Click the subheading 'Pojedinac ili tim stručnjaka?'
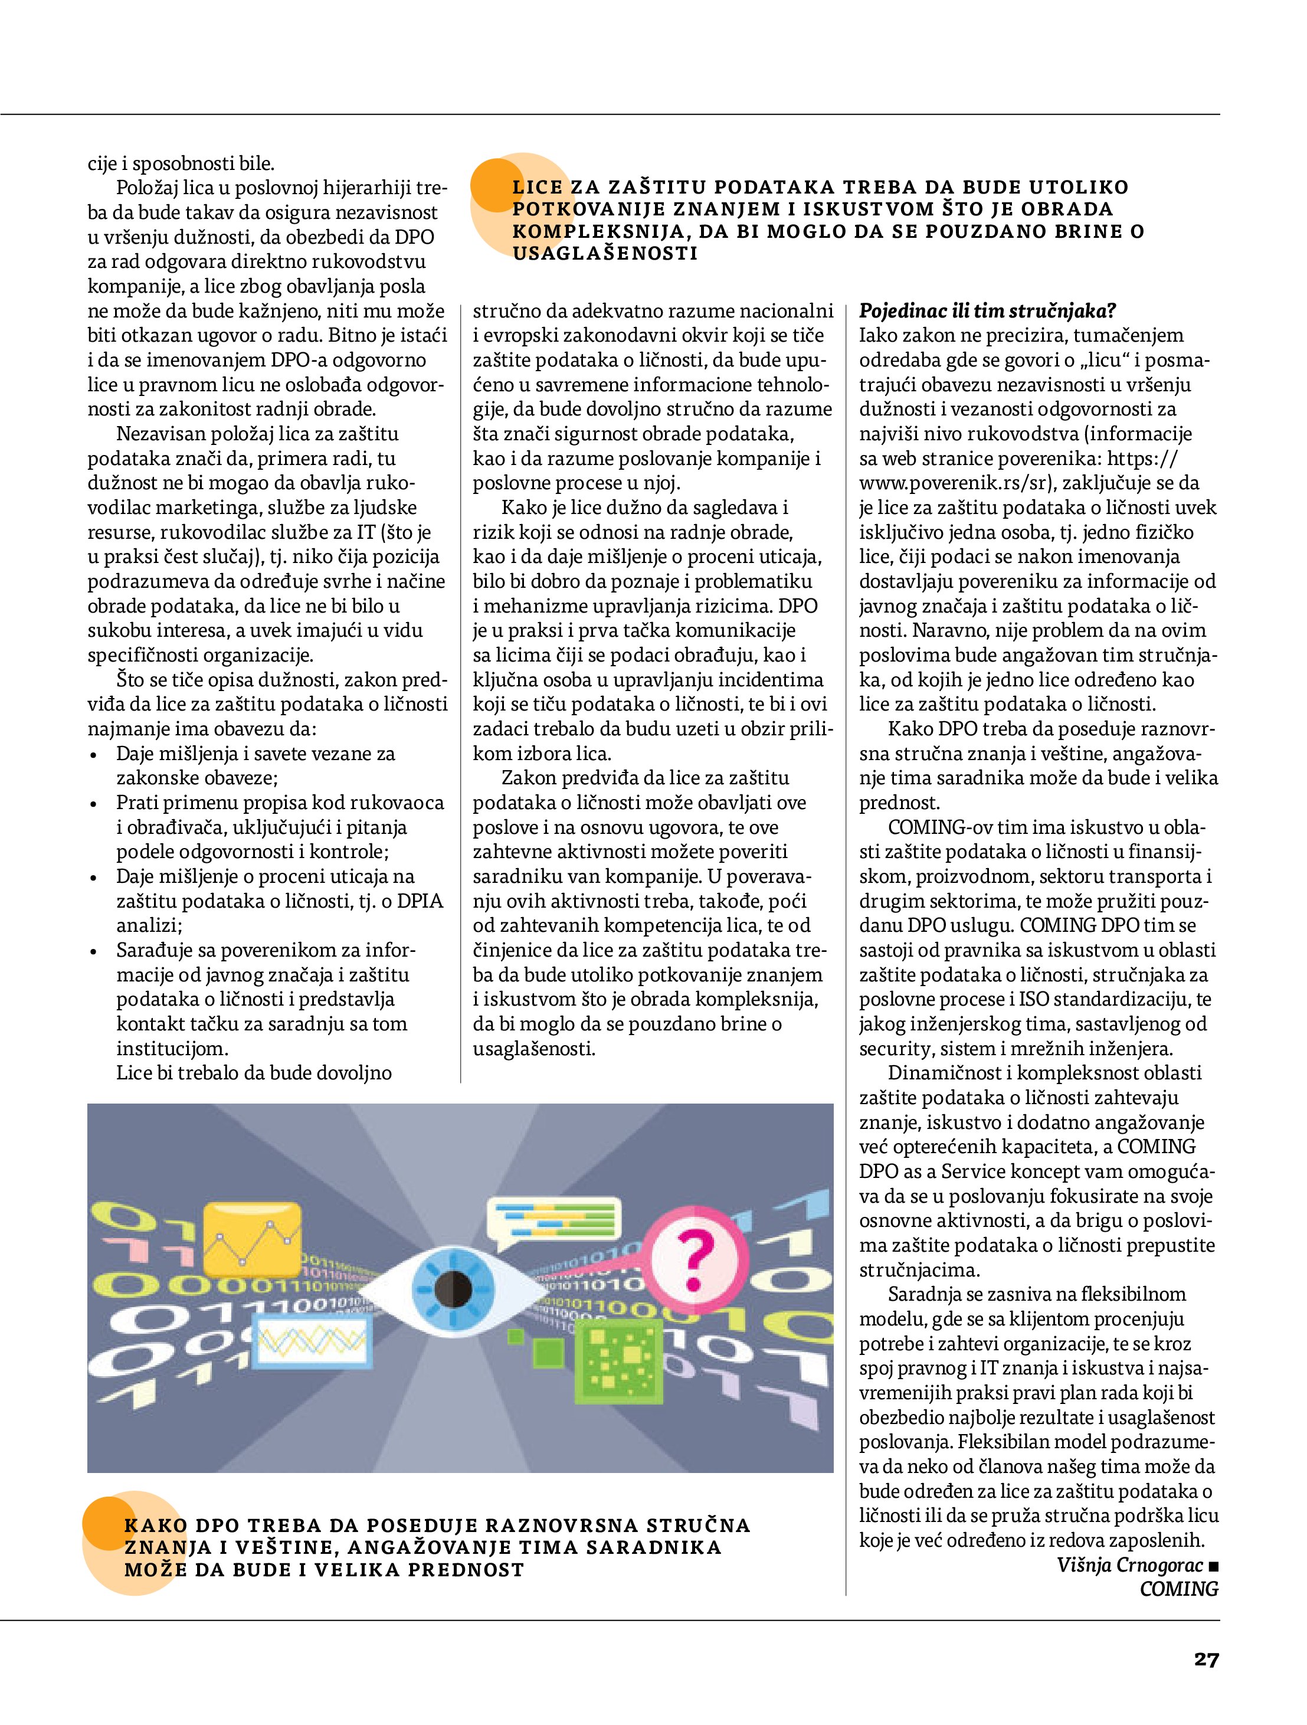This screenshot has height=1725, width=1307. coord(987,311)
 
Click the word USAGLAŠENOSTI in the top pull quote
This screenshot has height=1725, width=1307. coord(605,253)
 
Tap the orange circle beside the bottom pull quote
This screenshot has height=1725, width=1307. coord(107,1524)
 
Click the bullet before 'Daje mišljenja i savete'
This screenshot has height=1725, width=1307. coord(94,755)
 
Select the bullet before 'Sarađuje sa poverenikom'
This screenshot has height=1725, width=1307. coord(94,951)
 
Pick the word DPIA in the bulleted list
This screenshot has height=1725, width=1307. coord(420,902)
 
